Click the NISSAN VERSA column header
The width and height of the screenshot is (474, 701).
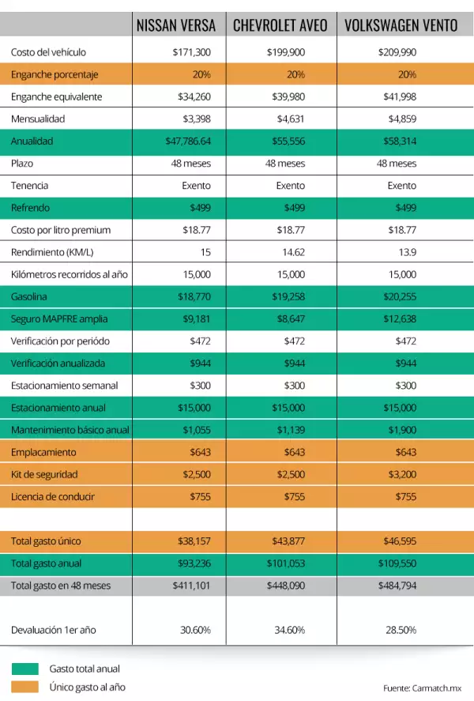(176, 25)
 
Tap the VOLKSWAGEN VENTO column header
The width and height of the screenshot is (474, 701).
(401, 25)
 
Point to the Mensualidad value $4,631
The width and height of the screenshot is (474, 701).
(290, 119)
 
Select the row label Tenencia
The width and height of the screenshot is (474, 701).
(29, 186)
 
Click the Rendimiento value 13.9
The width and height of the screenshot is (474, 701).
(407, 252)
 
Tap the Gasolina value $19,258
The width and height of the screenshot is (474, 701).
(289, 297)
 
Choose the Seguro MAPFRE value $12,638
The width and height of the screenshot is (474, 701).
(400, 319)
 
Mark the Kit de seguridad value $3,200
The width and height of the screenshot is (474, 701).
(402, 475)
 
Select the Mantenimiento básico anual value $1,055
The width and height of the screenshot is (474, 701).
(196, 430)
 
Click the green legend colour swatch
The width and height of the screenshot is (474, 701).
(24, 669)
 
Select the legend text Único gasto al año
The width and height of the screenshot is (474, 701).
(87, 687)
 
